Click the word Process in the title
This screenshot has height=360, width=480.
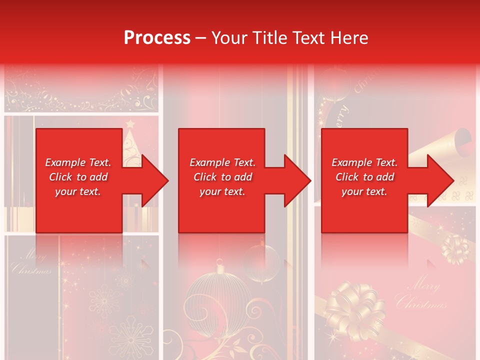pyautogui.click(x=157, y=38)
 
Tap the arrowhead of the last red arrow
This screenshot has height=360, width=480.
pyautogui.click(x=440, y=180)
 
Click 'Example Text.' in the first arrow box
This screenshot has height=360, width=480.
pyautogui.click(x=78, y=162)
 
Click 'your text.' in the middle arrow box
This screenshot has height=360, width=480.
pyautogui.click(x=222, y=191)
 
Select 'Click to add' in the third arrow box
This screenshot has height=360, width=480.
pyautogui.click(x=364, y=177)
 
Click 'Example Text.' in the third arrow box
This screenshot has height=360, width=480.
pyautogui.click(x=364, y=162)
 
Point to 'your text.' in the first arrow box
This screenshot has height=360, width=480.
pyautogui.click(x=78, y=191)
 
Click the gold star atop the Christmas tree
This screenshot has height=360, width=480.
pyautogui.click(x=130, y=123)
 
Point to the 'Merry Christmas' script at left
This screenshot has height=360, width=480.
pyautogui.click(x=31, y=263)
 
